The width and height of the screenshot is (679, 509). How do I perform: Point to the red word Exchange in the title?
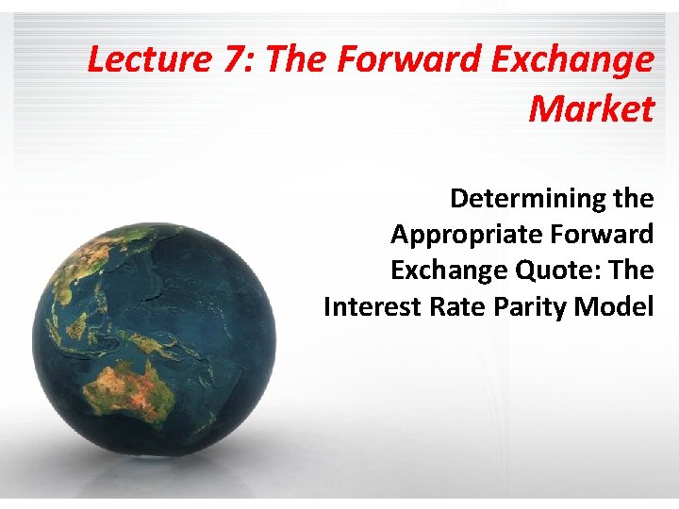576,60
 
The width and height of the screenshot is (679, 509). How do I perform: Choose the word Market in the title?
591,109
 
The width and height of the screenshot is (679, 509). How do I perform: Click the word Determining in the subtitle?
524,199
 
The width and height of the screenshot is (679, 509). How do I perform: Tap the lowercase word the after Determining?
630,199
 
